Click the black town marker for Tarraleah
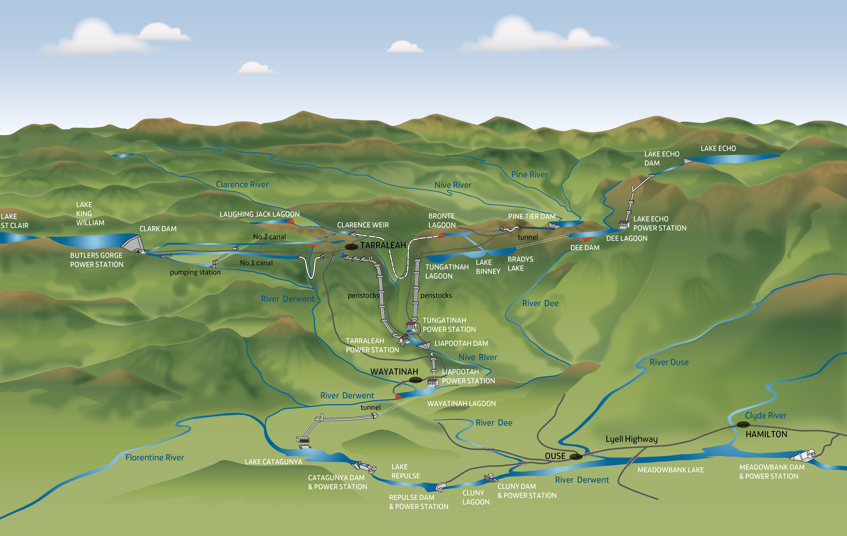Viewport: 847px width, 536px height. point(351,247)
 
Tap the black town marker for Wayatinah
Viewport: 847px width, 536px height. point(415,380)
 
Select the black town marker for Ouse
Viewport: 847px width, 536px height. point(576,457)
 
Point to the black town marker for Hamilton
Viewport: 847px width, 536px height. point(743,424)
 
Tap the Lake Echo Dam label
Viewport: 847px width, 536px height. point(662,159)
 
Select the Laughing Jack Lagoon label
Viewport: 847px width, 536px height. point(260,214)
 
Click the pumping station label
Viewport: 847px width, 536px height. point(195,272)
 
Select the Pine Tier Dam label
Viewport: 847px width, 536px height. point(531,216)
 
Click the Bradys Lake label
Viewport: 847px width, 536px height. point(520,264)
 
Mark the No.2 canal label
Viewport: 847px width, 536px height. point(270,237)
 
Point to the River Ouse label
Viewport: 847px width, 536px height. point(669,362)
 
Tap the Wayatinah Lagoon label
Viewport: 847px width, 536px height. point(461,403)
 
